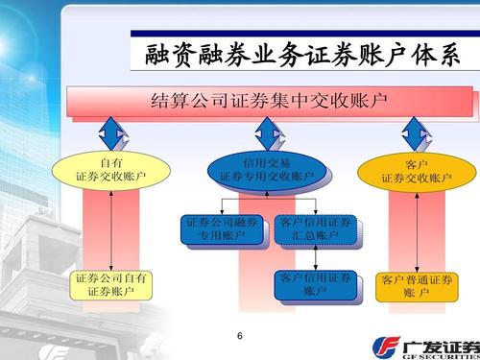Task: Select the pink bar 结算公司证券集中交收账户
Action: [x=270, y=101]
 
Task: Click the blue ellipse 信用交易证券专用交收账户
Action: [x=266, y=170]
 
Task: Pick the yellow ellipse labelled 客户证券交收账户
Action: [x=416, y=171]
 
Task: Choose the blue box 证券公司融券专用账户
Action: [x=222, y=229]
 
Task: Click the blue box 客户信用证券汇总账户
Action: [x=314, y=229]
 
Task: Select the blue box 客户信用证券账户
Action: [x=314, y=284]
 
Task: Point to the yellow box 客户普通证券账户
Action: [x=416, y=286]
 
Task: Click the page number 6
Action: [x=240, y=336]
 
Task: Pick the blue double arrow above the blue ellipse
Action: [x=266, y=132]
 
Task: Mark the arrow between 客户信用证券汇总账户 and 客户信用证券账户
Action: [x=313, y=257]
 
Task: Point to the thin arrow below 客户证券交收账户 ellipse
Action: [x=416, y=228]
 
